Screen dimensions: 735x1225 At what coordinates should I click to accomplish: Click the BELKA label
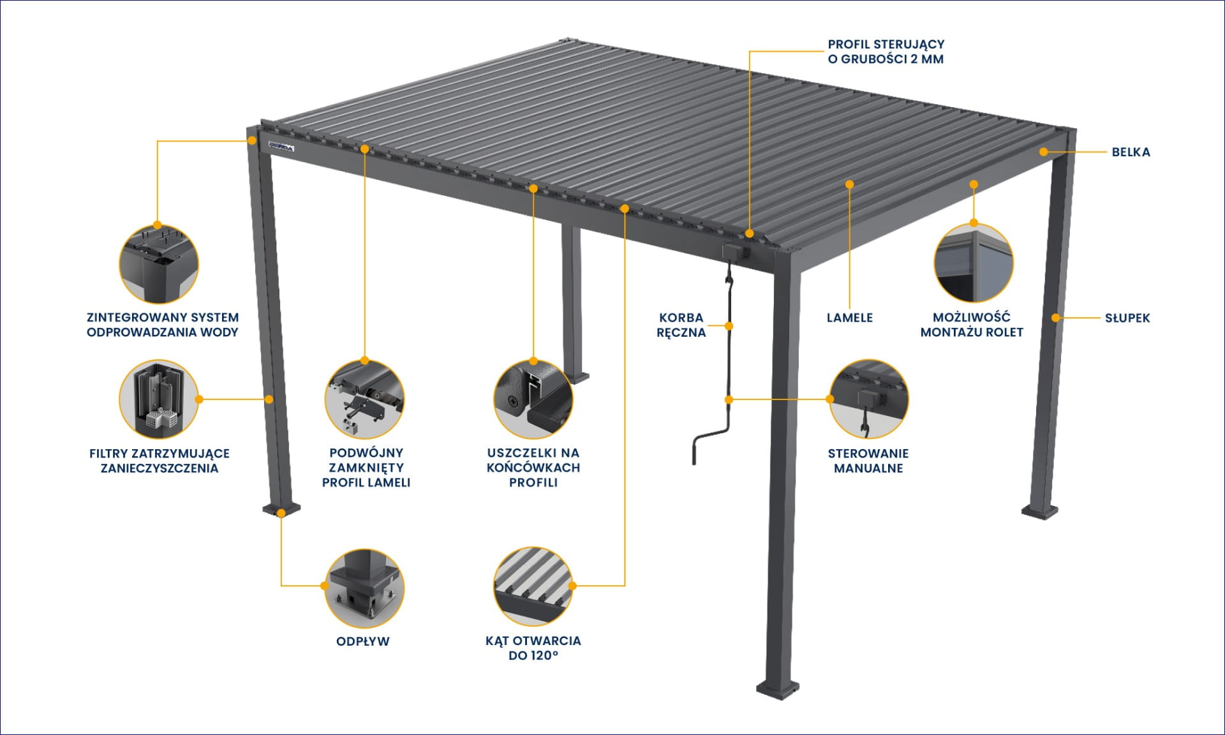[x=1131, y=152]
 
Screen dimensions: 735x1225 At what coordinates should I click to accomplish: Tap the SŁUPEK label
[x=1127, y=318]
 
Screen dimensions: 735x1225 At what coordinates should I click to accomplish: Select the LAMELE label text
[x=849, y=318]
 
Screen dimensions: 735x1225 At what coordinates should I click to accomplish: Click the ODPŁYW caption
[x=362, y=641]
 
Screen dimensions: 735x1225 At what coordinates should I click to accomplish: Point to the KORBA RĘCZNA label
[x=681, y=325]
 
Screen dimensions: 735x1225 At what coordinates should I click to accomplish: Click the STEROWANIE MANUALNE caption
[x=868, y=461]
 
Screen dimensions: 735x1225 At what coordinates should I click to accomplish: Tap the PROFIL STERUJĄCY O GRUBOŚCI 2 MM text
[x=886, y=52]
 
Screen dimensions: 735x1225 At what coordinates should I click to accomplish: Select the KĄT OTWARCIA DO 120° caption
[x=533, y=648]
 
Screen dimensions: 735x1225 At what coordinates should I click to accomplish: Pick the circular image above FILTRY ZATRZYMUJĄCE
[x=159, y=399]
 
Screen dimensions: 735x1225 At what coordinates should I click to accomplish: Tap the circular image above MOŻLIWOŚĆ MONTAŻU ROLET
[x=974, y=263]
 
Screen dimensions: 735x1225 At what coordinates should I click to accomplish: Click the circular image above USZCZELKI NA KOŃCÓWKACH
[x=533, y=399]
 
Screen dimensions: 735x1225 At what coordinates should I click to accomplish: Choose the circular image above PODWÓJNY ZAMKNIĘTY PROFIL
[x=364, y=399]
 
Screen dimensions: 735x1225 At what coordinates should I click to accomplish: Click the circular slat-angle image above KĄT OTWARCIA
[x=533, y=586]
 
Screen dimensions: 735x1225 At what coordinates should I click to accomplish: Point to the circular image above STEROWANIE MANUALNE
[x=868, y=399]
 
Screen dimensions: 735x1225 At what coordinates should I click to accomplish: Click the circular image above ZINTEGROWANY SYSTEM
[x=159, y=263]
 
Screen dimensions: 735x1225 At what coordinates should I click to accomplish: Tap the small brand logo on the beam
[x=281, y=147]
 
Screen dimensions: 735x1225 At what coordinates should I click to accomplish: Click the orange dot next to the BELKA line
[x=1043, y=152]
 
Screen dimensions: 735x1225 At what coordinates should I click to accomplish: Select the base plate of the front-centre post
[x=777, y=689]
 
